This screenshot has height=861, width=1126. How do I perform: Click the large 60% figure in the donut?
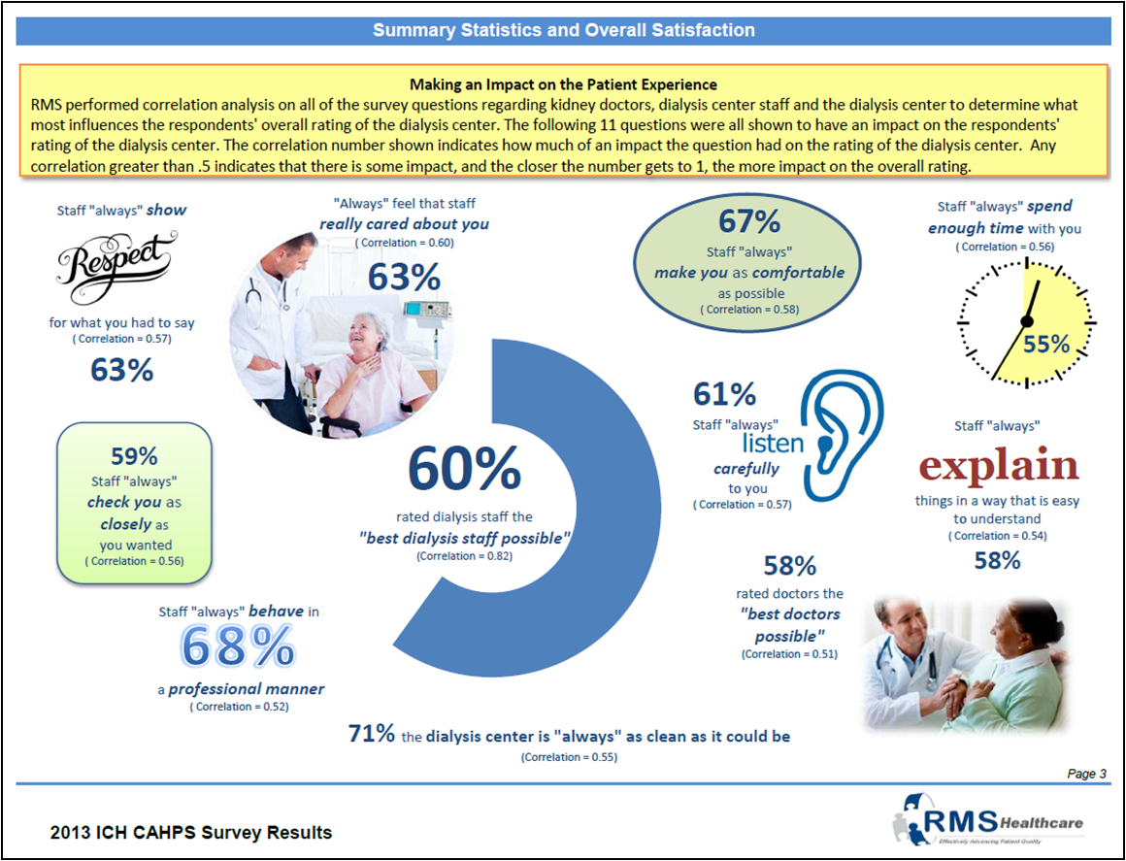464,469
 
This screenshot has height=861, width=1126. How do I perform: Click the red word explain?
998,466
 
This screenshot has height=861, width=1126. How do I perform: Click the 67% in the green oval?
748,222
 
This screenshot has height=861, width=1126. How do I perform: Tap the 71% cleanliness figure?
371,735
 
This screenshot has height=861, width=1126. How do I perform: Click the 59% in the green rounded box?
135,455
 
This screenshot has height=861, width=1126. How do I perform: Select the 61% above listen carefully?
724,394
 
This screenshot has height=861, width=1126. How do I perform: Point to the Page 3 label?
1086,774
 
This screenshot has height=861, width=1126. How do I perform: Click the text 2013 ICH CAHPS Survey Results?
191,833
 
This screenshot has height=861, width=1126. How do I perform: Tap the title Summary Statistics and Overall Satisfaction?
563,30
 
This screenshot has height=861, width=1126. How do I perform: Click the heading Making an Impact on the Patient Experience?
563,84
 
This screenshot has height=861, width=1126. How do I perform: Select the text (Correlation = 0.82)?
464,556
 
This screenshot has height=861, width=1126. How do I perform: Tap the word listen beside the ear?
773,444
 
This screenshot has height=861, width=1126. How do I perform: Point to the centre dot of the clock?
1026,321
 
